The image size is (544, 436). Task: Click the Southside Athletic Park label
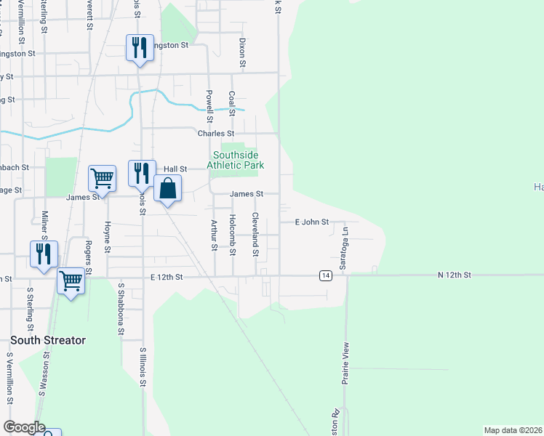tap(235, 160)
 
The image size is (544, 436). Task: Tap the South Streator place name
tap(48, 340)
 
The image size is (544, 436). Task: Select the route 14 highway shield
tap(325, 275)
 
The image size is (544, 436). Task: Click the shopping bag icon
tap(167, 188)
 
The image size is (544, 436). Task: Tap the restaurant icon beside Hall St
tap(142, 174)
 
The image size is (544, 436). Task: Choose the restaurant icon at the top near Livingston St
tap(138, 48)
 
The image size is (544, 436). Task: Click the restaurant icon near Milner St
tap(44, 254)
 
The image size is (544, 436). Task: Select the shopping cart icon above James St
tap(102, 179)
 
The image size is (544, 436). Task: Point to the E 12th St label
tap(165, 277)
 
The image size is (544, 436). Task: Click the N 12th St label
tap(455, 275)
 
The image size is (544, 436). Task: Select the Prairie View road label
tap(346, 363)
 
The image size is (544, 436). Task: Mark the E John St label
tap(312, 222)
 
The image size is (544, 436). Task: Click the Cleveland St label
tap(255, 235)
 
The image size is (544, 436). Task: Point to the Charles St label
tap(216, 134)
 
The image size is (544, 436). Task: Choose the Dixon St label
tap(242, 53)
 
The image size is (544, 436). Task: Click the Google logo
tap(23, 427)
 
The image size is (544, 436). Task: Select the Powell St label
tap(209, 105)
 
